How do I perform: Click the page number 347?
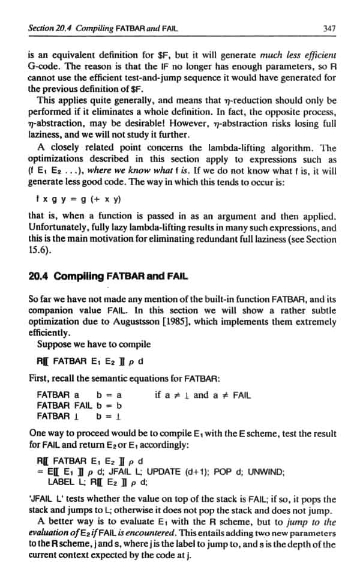point(328,27)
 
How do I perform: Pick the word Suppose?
point(55,344)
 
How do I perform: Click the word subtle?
point(322,311)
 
